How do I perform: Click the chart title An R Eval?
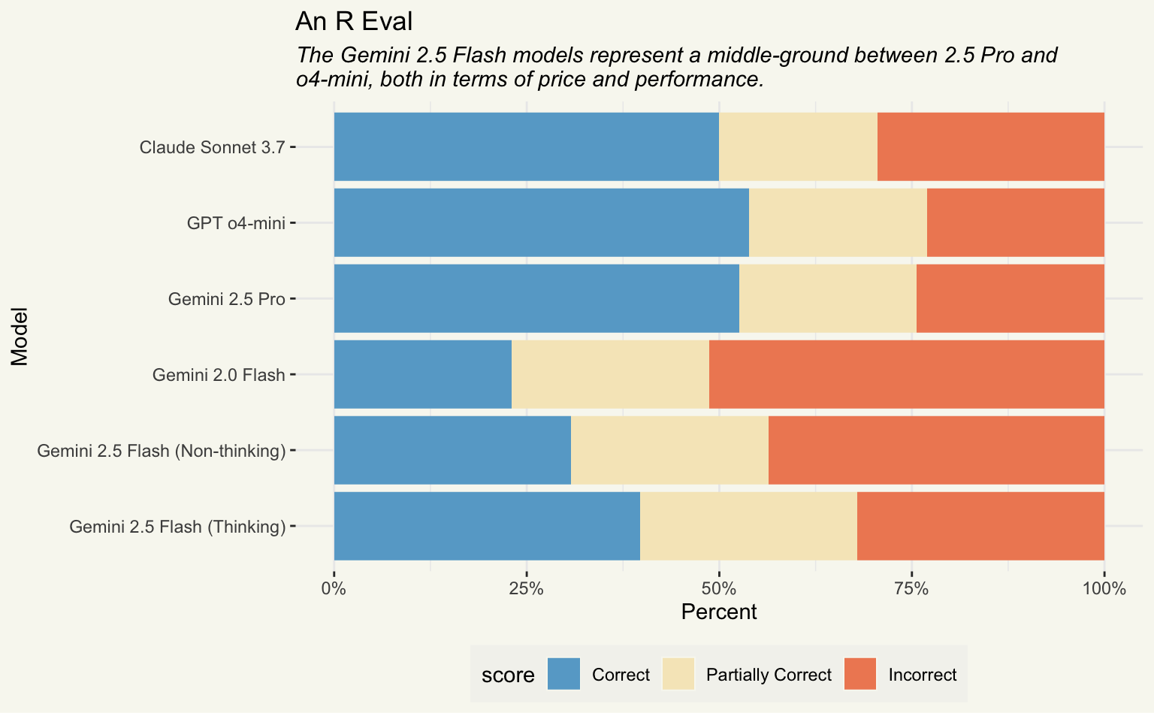point(354,21)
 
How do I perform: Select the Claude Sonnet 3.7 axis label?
point(212,147)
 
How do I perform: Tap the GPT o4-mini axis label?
point(236,223)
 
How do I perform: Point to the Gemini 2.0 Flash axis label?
point(219,375)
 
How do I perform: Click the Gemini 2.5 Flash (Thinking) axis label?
point(177,527)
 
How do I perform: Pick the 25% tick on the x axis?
point(527,588)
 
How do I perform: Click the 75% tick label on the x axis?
point(911,588)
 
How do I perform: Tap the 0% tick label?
point(334,588)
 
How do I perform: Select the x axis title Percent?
point(718,612)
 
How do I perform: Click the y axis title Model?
point(20,336)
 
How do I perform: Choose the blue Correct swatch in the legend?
point(563,674)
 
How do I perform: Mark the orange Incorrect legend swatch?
point(860,674)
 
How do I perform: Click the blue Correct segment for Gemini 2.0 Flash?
point(422,374)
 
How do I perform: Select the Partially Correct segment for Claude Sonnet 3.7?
point(798,147)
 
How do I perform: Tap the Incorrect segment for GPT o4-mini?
point(1016,222)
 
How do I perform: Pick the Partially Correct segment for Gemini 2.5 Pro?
point(828,298)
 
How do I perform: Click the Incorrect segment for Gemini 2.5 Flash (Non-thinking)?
point(936,450)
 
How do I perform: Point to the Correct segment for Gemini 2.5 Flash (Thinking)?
point(487,526)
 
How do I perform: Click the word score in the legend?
point(508,675)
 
